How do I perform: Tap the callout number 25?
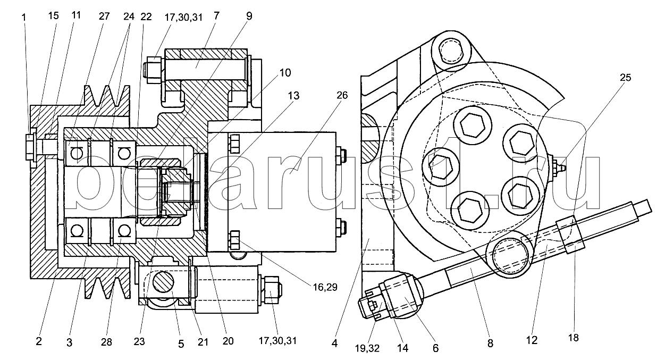point(625,78)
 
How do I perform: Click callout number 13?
point(294,96)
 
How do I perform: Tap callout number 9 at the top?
point(249,16)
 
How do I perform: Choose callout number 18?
point(574,337)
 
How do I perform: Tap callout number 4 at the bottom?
point(334,344)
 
